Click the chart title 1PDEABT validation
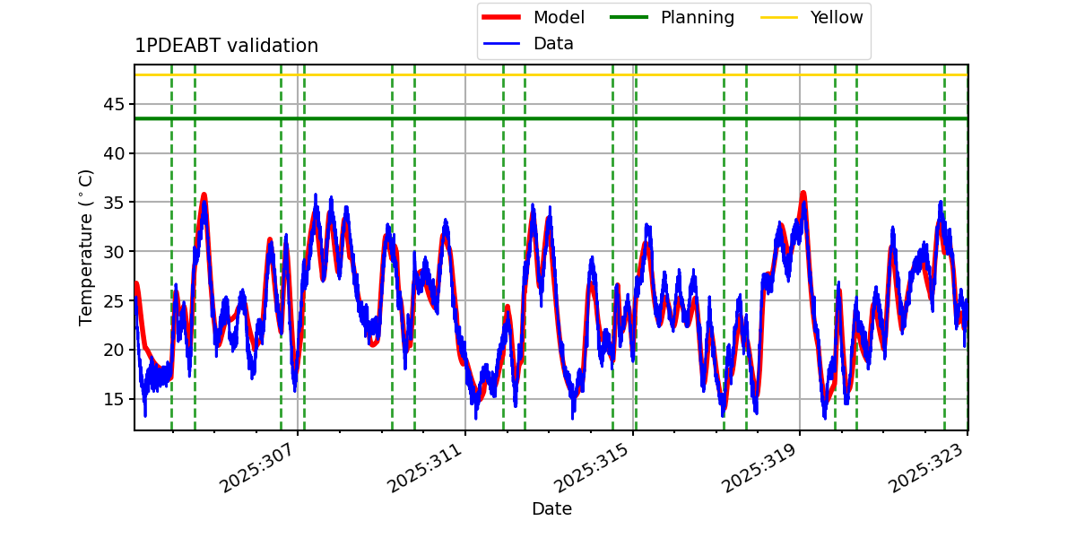(226, 46)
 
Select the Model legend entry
(534, 17)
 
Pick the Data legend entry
(527, 44)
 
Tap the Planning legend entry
(672, 17)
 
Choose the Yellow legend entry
(811, 17)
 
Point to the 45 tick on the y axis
(114, 104)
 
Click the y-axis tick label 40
(114, 153)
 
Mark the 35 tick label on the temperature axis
(114, 203)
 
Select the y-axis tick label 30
(114, 252)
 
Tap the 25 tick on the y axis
(114, 301)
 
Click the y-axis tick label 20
(114, 351)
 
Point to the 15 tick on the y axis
(114, 399)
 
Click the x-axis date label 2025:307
(256, 468)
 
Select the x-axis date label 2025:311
(424, 468)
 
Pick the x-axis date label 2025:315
(592, 468)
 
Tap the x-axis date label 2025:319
(759, 468)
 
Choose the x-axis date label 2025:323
(926, 468)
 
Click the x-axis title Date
(552, 508)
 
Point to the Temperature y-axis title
(85, 247)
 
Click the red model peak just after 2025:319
(803, 194)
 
